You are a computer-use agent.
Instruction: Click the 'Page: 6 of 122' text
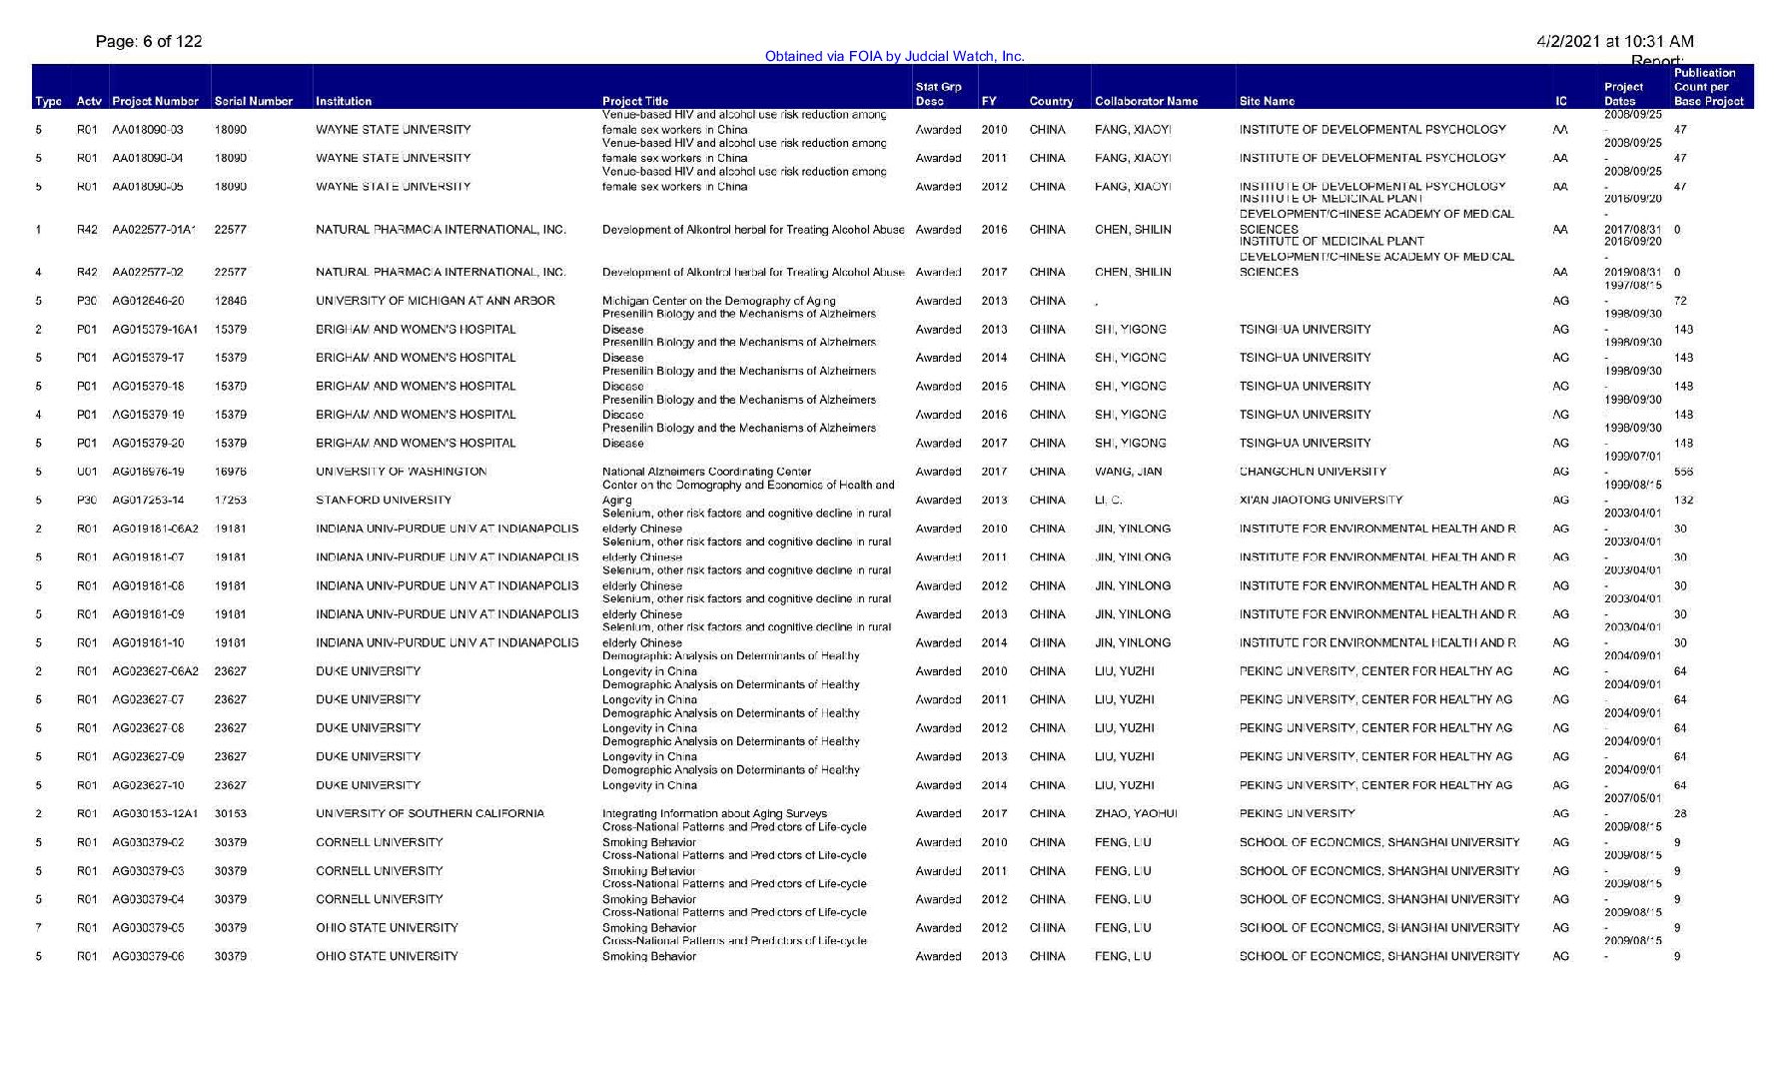149,41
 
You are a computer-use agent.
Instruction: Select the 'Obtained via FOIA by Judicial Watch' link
894,56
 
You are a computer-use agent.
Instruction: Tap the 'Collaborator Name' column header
1146,101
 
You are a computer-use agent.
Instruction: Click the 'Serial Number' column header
254,101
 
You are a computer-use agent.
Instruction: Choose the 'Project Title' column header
635,101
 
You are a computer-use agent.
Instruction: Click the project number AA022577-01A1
154,230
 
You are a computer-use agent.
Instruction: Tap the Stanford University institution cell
384,500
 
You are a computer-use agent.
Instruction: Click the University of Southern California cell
430,813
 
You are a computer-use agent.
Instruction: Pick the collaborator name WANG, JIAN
1129,472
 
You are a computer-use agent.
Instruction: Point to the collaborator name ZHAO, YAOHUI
1136,813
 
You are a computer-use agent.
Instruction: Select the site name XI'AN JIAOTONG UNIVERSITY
1321,500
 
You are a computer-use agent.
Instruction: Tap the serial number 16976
231,472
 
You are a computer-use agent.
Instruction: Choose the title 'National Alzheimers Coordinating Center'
706,472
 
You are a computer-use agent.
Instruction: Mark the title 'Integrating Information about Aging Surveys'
714,813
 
